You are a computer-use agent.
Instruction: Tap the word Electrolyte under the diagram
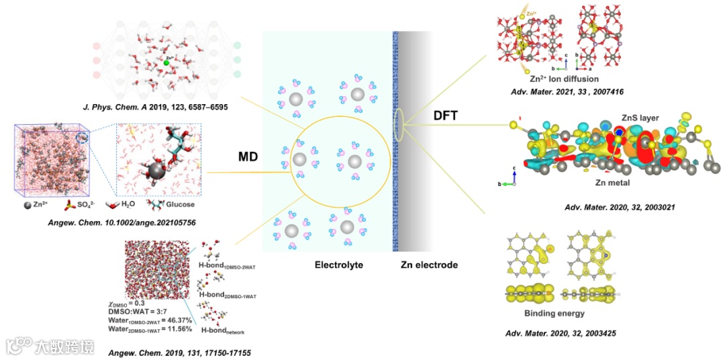coord(339,265)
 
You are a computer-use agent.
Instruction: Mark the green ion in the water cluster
coord(166,63)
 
